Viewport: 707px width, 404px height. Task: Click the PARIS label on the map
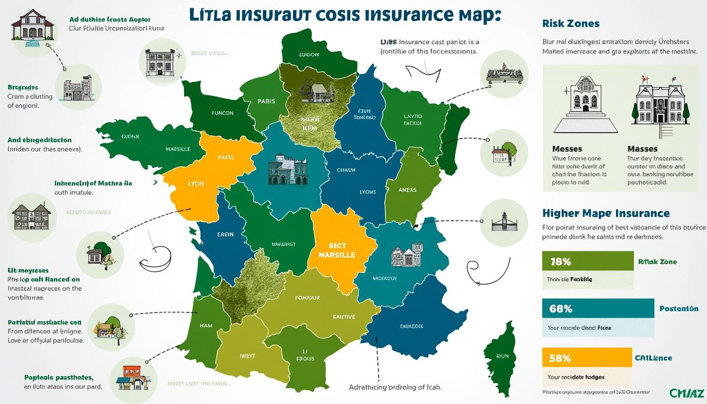[x=267, y=102]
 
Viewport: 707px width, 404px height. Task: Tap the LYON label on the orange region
[x=195, y=185]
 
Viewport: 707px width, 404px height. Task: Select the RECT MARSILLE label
[x=337, y=250]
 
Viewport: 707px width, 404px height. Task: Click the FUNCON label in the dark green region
[x=222, y=113]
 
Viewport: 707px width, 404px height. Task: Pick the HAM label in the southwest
[x=206, y=325]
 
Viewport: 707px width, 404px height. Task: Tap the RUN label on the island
[x=502, y=356]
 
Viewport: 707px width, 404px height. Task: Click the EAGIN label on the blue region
[x=225, y=235]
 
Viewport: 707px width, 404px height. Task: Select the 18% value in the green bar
[x=560, y=261]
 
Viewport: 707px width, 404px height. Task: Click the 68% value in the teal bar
[x=560, y=309]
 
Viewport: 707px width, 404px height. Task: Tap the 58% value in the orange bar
[x=560, y=358]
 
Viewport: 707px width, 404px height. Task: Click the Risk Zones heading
[x=570, y=24]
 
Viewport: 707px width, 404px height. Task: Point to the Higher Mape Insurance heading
[x=605, y=213]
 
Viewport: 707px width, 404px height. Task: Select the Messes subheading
[x=567, y=149]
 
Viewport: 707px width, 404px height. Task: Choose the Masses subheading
[x=642, y=149]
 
